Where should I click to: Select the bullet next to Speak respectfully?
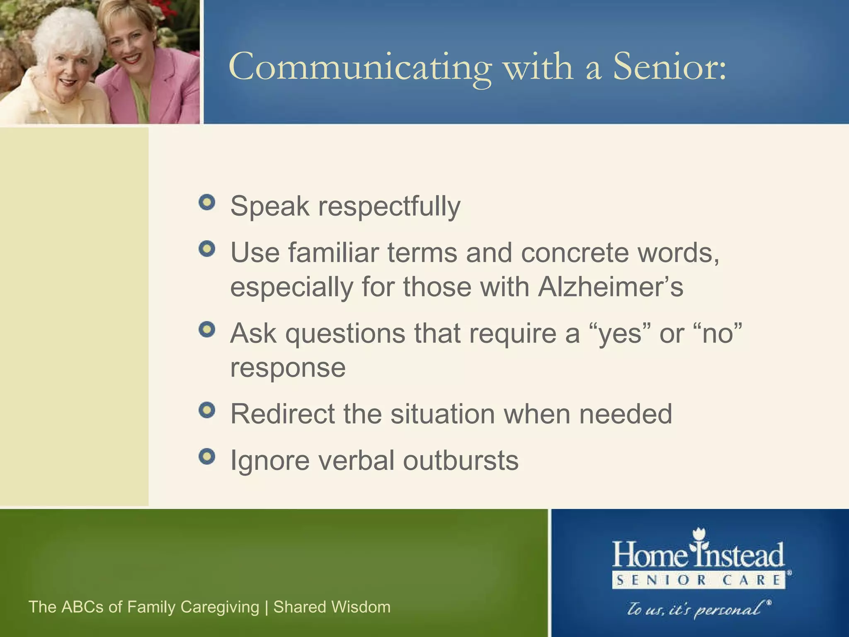click(x=207, y=202)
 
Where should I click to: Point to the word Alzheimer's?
click(x=610, y=287)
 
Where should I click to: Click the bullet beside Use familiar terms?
click(x=207, y=249)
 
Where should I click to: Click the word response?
click(x=288, y=367)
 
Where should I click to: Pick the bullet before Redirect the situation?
click(x=207, y=411)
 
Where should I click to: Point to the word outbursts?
click(x=461, y=460)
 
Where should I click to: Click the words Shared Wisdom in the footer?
click(x=332, y=607)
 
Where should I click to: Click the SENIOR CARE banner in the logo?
click(x=699, y=580)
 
